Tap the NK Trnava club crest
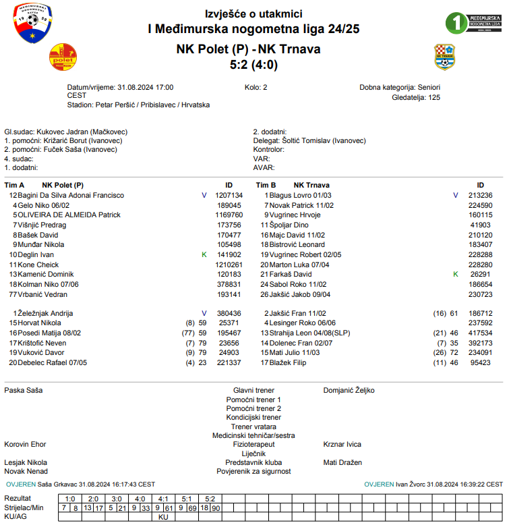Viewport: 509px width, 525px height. [444, 57]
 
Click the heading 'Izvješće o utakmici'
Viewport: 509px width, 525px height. [253, 14]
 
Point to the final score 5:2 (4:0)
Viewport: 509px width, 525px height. [253, 65]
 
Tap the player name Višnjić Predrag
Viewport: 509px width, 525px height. [42, 225]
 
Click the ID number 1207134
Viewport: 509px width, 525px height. [229, 195]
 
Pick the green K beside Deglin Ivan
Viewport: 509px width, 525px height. [204, 254]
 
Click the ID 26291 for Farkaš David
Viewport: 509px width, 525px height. [480, 275]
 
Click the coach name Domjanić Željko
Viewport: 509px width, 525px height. [349, 390]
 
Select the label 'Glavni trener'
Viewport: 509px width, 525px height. [253, 390]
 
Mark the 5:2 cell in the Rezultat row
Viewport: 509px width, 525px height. [210, 498]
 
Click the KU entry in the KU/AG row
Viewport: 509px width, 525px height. [163, 517]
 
